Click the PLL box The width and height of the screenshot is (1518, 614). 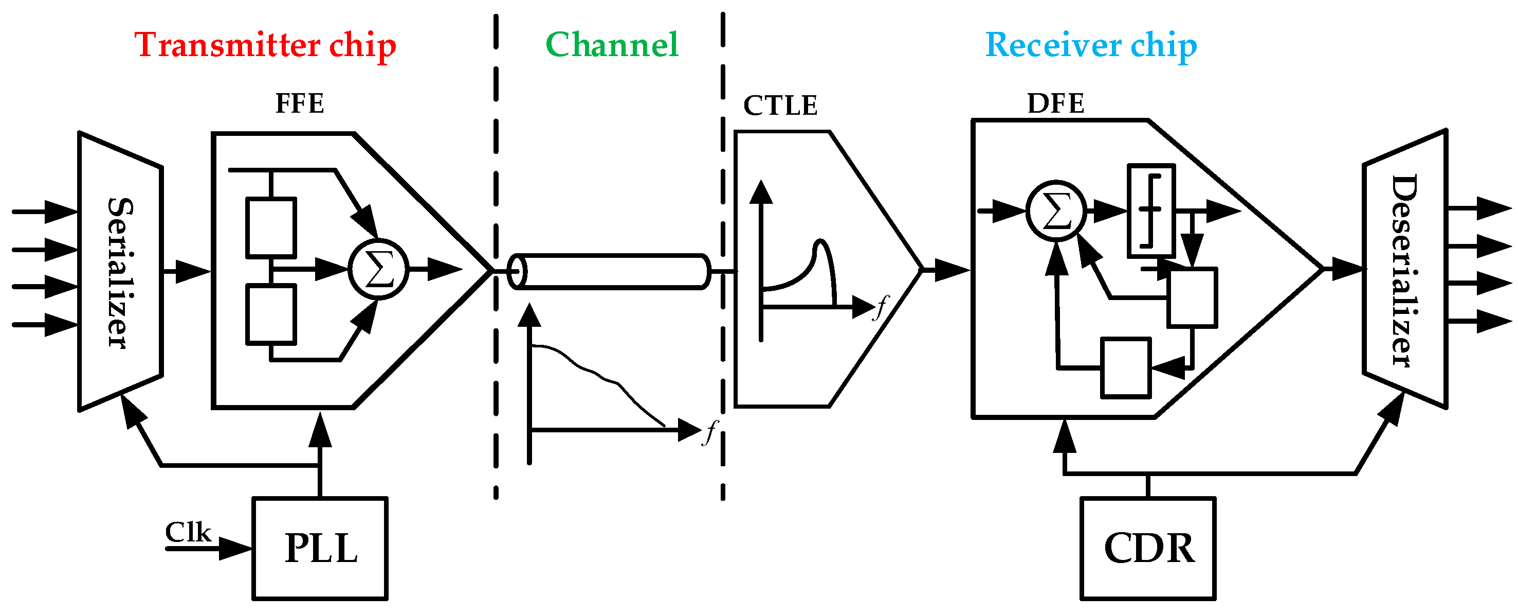point(320,549)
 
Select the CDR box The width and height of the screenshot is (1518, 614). point(1148,549)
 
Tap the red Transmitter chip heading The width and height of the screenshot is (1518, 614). point(265,45)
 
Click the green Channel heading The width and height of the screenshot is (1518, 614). point(612,45)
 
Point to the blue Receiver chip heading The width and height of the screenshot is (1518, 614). point(1091,45)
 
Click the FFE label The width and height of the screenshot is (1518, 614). point(299,104)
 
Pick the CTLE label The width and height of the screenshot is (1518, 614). point(780,106)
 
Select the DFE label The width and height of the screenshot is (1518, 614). point(1055,104)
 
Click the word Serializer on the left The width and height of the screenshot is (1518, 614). point(120,272)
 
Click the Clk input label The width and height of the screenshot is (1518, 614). point(188,532)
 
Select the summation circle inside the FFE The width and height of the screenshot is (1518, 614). point(378,270)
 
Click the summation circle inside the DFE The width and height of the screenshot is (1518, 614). point(1056,210)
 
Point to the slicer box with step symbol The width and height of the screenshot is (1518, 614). point(1151,210)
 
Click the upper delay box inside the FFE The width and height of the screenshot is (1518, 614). point(271,229)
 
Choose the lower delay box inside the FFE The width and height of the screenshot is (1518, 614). point(271,314)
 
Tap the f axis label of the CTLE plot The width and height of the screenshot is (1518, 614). point(881,307)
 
